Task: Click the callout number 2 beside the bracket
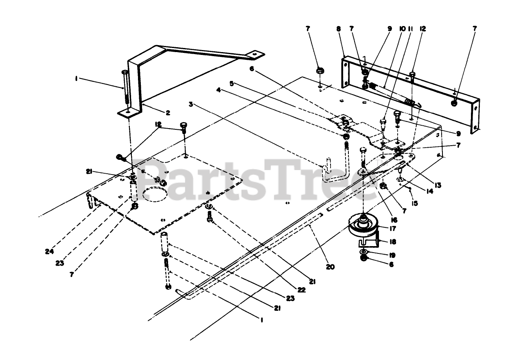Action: pos(156,113)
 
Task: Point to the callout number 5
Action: pos(232,83)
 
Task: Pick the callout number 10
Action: pos(402,29)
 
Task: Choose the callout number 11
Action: pos(411,29)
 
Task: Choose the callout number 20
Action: pos(330,267)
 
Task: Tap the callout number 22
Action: pos(301,290)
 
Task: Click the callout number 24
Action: pos(50,251)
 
